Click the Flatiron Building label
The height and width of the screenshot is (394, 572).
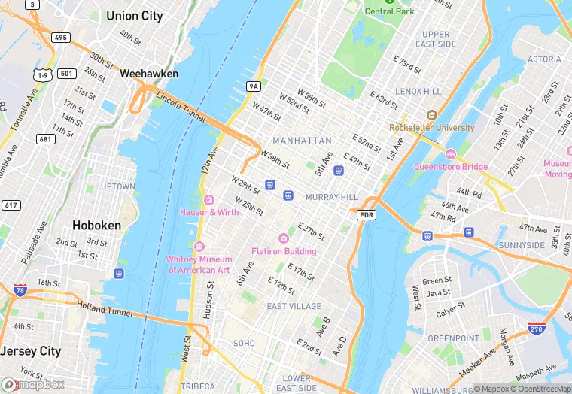(284, 251)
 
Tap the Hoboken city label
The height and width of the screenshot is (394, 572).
(96, 225)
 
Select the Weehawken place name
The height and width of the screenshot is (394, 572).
(149, 74)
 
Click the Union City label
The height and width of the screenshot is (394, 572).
(134, 16)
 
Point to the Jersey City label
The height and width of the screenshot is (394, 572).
(30, 351)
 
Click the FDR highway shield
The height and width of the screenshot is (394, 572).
(366, 215)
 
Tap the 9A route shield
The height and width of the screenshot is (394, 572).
(254, 87)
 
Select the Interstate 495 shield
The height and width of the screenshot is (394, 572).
(62, 38)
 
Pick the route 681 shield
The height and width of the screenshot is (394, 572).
(45, 139)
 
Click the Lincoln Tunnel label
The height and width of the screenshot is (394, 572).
(181, 103)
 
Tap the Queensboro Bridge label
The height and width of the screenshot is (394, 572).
(450, 166)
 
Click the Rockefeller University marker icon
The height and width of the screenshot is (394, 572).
(431, 115)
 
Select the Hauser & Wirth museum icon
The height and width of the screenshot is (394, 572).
(209, 200)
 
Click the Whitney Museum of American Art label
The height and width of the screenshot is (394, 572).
(198, 265)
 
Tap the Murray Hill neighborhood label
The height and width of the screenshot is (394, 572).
(332, 197)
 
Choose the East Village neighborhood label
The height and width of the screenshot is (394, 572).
(294, 306)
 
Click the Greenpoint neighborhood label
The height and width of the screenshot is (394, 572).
(453, 338)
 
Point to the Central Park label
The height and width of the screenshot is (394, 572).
(390, 11)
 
